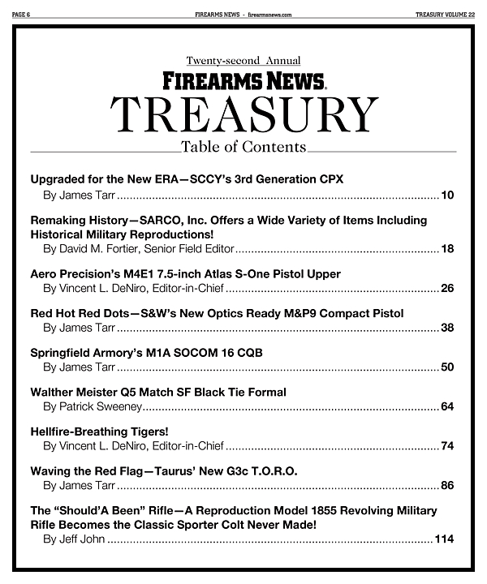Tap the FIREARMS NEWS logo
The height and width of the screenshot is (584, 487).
243,79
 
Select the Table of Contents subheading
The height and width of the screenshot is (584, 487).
243,147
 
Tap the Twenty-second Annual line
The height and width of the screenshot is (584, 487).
243,61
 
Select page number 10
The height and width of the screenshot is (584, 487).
447,195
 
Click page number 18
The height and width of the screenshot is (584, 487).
447,248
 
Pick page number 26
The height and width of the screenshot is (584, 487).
447,288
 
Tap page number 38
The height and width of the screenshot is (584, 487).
447,328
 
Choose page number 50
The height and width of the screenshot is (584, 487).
447,367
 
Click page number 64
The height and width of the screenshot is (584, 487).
447,406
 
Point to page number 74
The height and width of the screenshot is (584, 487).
447,446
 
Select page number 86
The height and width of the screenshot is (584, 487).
447,486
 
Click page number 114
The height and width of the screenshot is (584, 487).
444,539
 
